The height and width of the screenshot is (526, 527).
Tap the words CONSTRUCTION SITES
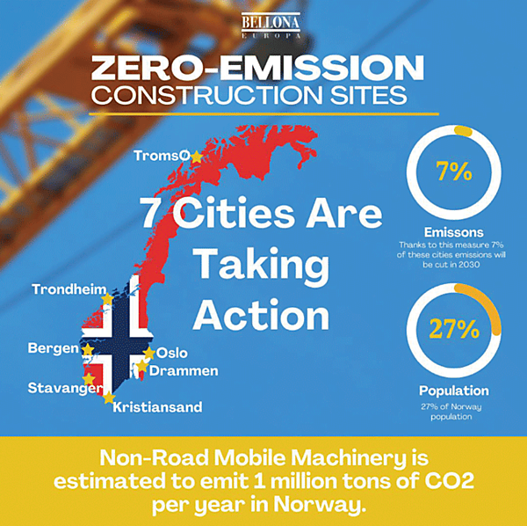pyautogui.click(x=263, y=95)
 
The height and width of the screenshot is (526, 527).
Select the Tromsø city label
pyautogui.click(x=162, y=156)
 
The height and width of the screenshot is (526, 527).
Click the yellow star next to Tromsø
pyautogui.click(x=197, y=156)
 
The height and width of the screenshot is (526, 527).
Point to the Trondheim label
pyautogui.click(x=69, y=289)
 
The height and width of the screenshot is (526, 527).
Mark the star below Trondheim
pyautogui.click(x=107, y=300)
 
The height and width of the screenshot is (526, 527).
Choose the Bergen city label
pyautogui.click(x=54, y=349)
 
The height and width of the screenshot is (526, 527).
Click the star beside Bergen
pyautogui.click(x=88, y=349)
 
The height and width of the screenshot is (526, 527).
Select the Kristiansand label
pyautogui.click(x=158, y=407)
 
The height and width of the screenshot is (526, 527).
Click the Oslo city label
pyautogui.click(x=172, y=353)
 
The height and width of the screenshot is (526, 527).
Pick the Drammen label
pyautogui.click(x=184, y=370)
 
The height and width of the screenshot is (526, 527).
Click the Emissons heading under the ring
pyautogui.click(x=454, y=232)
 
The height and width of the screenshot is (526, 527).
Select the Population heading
pyautogui.click(x=454, y=391)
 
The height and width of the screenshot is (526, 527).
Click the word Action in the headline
pyautogui.click(x=262, y=314)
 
